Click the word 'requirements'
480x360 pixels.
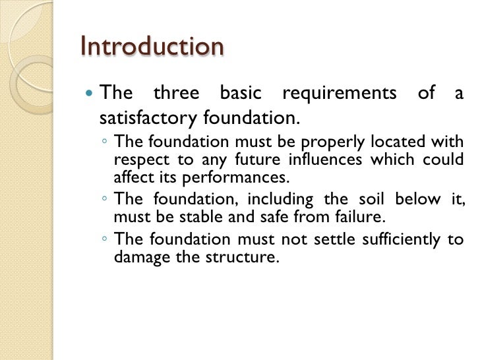coord(339,94)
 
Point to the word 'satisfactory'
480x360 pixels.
coord(148,119)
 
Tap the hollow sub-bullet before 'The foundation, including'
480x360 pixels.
coord(105,200)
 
